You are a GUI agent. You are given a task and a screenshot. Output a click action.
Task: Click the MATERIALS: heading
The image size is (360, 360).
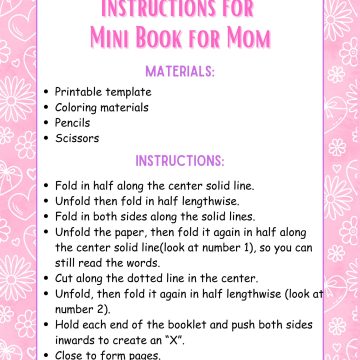pyautogui.click(x=180, y=71)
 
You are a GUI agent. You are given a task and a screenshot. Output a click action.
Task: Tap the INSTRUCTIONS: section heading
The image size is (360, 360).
pyautogui.click(x=180, y=161)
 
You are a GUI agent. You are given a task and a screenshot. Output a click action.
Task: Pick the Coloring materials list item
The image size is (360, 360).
pyautogui.click(x=102, y=106)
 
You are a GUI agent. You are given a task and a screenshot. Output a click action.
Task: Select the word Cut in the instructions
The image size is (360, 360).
pyautogui.click(x=64, y=278)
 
